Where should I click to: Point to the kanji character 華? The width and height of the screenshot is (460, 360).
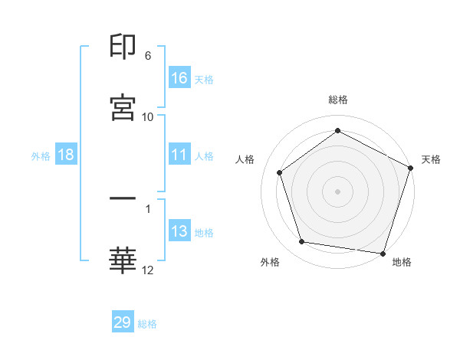point(123,260)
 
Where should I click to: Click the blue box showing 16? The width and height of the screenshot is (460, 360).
point(179,78)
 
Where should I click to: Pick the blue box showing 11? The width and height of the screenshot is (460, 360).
point(179,155)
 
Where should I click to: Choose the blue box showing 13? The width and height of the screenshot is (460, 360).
point(179,231)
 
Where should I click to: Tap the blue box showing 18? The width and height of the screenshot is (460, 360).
point(66,155)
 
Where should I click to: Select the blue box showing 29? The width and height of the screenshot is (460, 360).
point(123,322)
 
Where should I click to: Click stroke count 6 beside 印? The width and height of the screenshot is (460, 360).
point(148,56)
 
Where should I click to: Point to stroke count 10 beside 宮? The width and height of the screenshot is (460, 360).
point(148,117)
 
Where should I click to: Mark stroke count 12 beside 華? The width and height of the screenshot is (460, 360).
point(148,270)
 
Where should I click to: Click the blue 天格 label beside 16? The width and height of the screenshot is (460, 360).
point(204,79)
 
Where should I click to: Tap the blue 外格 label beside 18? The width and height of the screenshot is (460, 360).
point(41,155)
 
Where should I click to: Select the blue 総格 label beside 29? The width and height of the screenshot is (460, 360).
point(147,323)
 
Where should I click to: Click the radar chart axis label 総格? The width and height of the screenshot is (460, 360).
point(338,100)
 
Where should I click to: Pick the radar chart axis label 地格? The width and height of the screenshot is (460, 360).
point(402,262)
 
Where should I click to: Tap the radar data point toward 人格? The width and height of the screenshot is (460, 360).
point(280,172)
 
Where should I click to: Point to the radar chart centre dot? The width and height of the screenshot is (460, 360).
point(337,191)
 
